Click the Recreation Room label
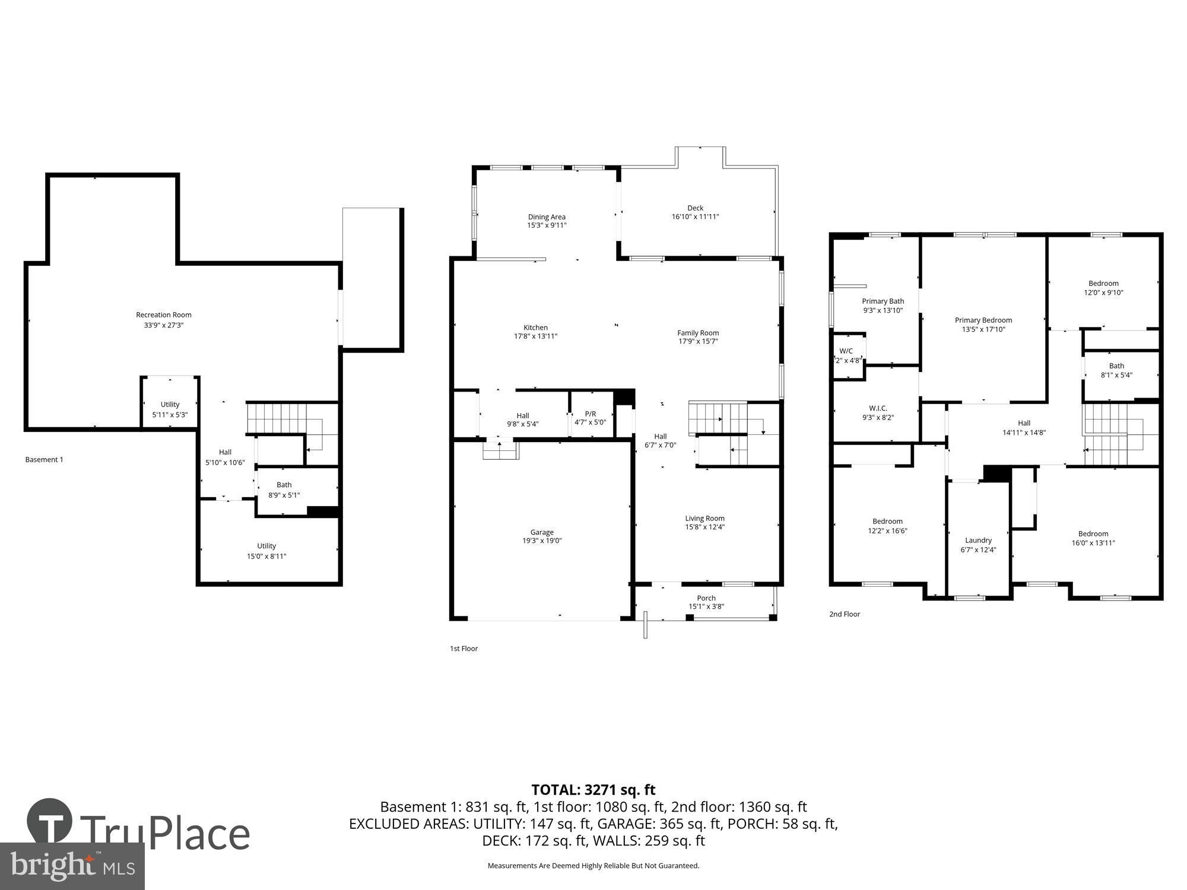click(164, 315)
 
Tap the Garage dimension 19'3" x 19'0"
click(542, 541)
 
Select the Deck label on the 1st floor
click(695, 208)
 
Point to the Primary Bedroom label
click(983, 320)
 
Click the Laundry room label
click(978, 541)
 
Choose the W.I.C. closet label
click(878, 408)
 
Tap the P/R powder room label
click(590, 414)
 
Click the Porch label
click(706, 598)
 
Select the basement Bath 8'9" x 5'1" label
click(284, 485)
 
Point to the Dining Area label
click(547, 217)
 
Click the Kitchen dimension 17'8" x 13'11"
click(535, 336)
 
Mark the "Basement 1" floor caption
click(44, 460)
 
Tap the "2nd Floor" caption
click(844, 614)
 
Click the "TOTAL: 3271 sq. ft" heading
click(593, 790)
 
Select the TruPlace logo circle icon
click(50, 822)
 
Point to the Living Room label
click(704, 519)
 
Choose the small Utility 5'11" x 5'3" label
click(170, 405)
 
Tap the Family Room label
click(698, 333)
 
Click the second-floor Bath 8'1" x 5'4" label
click(1116, 366)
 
